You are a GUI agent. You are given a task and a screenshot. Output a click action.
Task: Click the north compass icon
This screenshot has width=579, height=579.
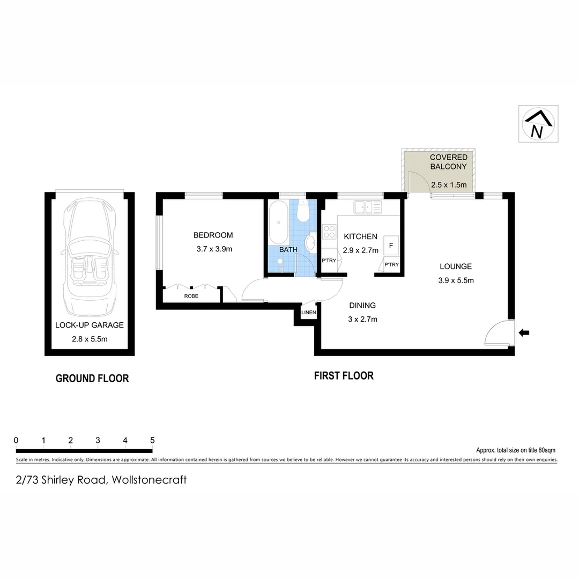click(x=538, y=124)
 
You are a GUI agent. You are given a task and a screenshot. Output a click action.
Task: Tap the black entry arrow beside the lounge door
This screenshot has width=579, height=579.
click(x=524, y=333)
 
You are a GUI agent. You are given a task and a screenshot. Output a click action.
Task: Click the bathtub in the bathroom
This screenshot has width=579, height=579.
click(x=278, y=222)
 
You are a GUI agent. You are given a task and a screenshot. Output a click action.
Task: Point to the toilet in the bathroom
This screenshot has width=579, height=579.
click(x=303, y=212)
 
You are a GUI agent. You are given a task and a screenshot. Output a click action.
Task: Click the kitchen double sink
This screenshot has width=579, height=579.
click(x=367, y=206)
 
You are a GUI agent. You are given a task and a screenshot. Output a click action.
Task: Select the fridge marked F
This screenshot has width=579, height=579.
click(x=391, y=246)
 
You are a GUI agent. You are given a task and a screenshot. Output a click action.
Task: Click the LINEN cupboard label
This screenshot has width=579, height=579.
click(x=309, y=313)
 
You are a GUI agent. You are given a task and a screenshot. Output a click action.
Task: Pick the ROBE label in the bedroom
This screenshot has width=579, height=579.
click(x=191, y=296)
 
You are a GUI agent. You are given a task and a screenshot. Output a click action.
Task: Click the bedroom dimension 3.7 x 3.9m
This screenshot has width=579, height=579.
click(x=214, y=249)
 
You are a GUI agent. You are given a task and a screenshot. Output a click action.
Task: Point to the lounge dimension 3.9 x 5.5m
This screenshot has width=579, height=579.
click(x=456, y=280)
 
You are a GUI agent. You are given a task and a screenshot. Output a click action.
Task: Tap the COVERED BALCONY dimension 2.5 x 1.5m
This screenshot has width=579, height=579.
click(x=449, y=185)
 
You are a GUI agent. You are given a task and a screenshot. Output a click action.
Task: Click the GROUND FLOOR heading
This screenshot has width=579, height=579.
click(x=92, y=378)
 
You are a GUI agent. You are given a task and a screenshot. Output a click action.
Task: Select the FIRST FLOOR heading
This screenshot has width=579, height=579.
click(x=344, y=376)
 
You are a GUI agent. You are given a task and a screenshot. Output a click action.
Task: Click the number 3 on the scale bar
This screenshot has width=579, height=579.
click(x=98, y=440)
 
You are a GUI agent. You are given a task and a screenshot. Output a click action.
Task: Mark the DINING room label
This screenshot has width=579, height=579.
click(x=362, y=306)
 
